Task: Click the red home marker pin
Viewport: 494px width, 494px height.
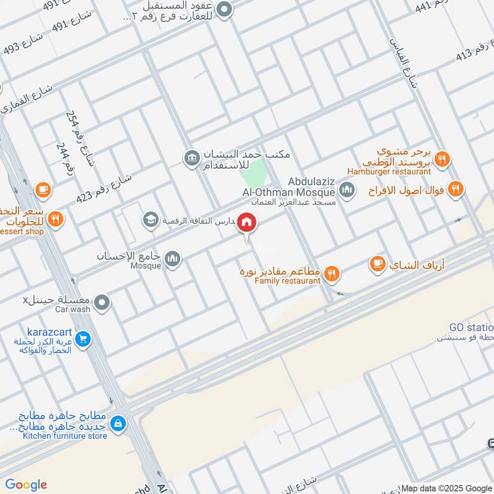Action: (x=248, y=222)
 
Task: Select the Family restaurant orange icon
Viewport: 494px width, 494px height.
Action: (x=332, y=272)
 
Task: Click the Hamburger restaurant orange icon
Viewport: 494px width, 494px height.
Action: (x=442, y=160)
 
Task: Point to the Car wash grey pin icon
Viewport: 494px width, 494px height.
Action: (x=104, y=303)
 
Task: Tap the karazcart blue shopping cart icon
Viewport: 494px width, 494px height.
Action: (x=83, y=338)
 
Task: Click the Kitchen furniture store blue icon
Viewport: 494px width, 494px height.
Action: (x=118, y=424)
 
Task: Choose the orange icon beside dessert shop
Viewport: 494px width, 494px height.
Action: (x=55, y=219)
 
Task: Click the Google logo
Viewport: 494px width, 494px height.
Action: (x=26, y=485)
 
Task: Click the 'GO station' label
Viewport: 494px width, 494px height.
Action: (x=472, y=327)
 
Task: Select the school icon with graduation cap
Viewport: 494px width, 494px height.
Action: (x=150, y=219)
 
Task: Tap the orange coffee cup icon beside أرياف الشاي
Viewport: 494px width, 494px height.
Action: (x=376, y=264)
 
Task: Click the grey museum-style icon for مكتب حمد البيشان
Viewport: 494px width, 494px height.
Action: (x=191, y=159)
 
